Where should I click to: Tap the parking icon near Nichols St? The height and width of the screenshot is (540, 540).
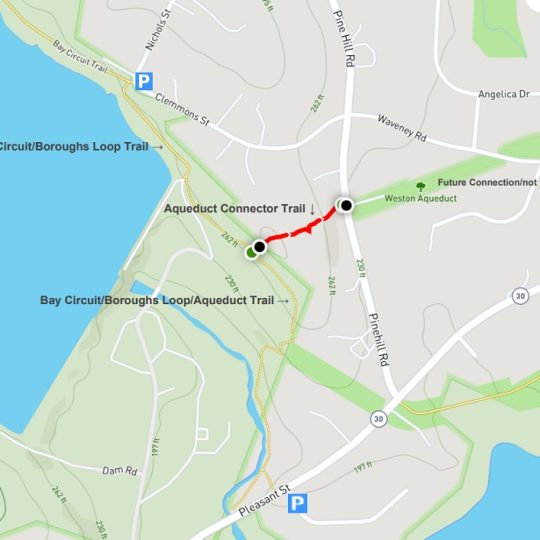pos(145,81)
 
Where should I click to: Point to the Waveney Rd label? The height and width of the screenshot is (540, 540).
pos(401,128)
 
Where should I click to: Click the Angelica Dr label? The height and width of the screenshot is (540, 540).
pos(502,95)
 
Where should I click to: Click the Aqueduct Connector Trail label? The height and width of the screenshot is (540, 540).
pos(240,209)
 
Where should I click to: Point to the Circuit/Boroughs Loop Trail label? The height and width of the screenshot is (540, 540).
pos(80,147)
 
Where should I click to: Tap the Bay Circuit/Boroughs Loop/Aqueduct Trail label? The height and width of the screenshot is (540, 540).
pos(165,300)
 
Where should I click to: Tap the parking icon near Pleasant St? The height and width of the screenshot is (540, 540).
pos(296,505)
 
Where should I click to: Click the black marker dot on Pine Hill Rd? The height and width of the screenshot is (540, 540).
pos(346,205)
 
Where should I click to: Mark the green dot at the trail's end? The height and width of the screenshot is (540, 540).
pos(251,253)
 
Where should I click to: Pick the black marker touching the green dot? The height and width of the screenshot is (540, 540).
pos(260,246)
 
